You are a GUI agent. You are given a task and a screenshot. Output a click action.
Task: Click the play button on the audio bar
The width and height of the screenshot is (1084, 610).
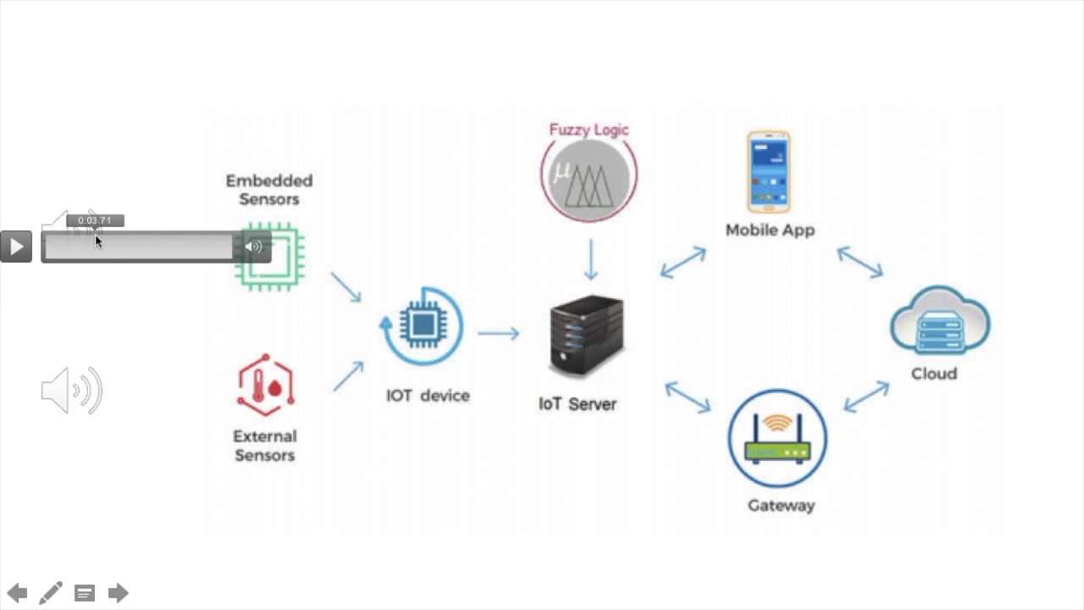pyautogui.click(x=16, y=247)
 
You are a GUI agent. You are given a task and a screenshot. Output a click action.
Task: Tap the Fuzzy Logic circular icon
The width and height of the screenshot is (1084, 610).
pyautogui.click(x=589, y=175)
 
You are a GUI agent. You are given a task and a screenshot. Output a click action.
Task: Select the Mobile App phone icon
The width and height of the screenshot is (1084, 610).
pyautogui.click(x=769, y=172)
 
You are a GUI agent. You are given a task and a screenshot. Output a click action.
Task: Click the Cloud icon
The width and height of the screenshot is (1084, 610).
pyautogui.click(x=939, y=321)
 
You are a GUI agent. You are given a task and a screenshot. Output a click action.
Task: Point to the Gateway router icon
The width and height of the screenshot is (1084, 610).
pyautogui.click(x=777, y=438)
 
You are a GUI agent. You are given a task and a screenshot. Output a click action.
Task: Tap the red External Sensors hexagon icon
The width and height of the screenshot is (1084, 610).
pyautogui.click(x=265, y=385)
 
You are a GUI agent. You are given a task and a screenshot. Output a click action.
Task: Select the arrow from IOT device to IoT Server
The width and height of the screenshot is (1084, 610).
pyautogui.click(x=498, y=334)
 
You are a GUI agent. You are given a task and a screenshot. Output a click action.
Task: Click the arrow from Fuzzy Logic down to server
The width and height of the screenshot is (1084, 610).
pyautogui.click(x=591, y=259)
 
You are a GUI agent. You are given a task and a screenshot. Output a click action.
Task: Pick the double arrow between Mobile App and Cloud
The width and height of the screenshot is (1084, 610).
pyautogui.click(x=860, y=262)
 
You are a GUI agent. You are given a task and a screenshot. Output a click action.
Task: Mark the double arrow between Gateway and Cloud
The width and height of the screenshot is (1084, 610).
pyautogui.click(x=866, y=396)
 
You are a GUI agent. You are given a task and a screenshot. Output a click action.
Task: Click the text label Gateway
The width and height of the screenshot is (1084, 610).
pyautogui.click(x=781, y=506)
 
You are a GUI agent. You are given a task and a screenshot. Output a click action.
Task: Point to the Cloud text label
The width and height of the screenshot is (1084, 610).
pyautogui.click(x=933, y=374)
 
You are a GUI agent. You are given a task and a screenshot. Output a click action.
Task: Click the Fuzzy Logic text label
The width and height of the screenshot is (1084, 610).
pyautogui.click(x=589, y=130)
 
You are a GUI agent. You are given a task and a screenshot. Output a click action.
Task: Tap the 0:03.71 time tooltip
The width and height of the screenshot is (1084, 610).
pyautogui.click(x=95, y=220)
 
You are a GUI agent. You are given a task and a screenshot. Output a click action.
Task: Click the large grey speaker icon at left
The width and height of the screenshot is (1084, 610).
pyautogui.click(x=72, y=391)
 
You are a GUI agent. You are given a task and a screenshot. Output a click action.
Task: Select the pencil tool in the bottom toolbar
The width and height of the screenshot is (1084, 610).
pyautogui.click(x=51, y=593)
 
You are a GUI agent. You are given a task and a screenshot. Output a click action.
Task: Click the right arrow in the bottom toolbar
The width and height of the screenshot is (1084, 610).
pyautogui.click(x=118, y=593)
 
